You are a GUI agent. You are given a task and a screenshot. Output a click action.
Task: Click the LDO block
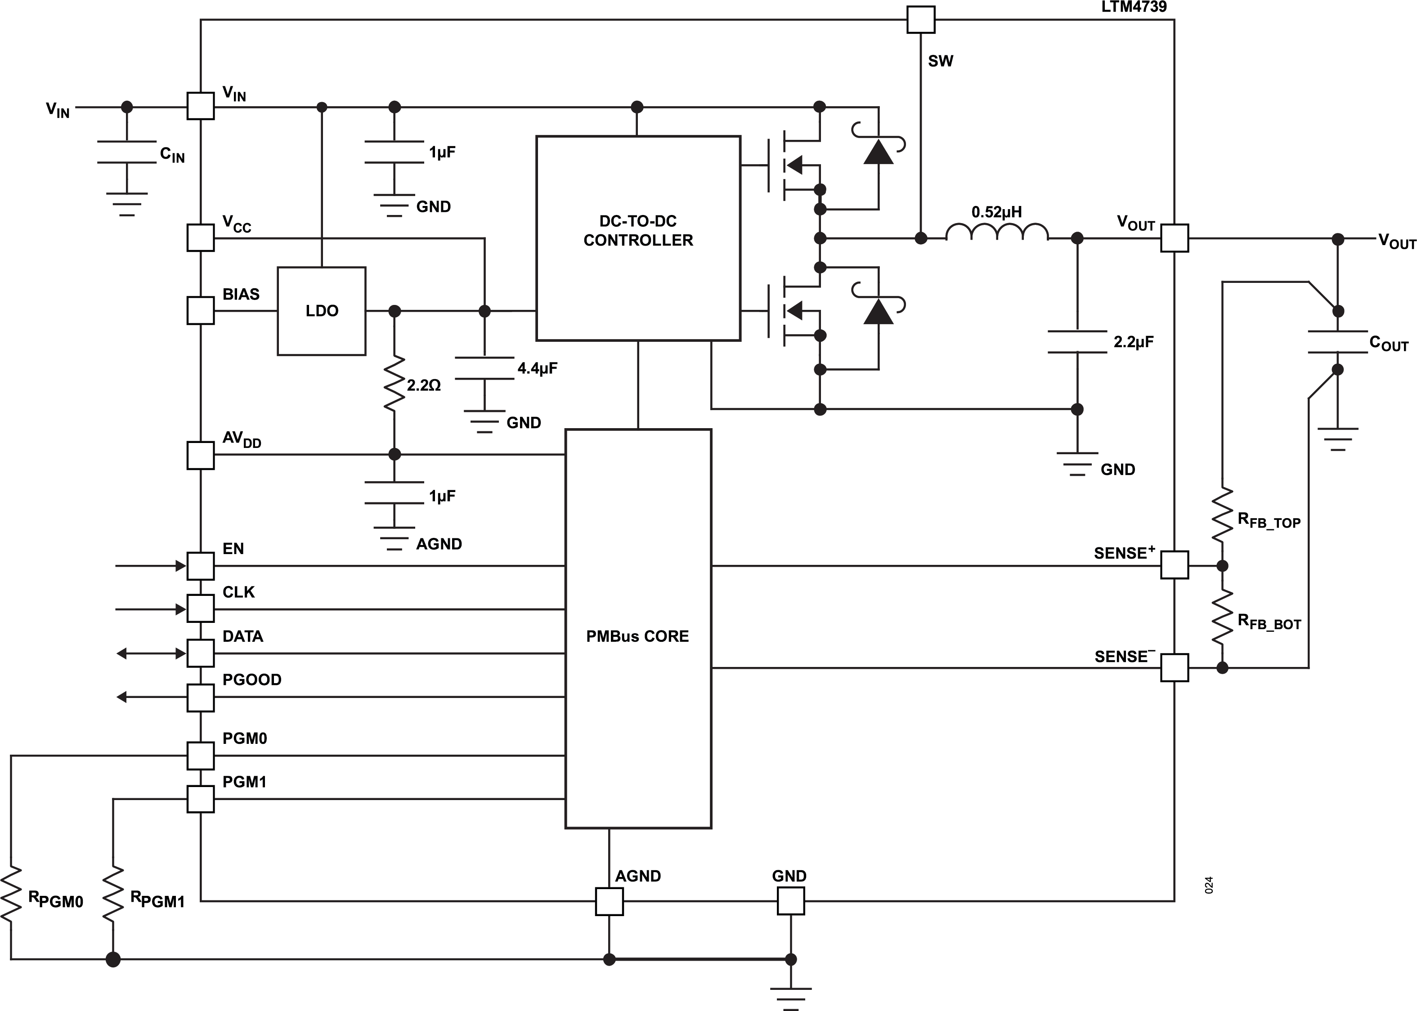tap(321, 311)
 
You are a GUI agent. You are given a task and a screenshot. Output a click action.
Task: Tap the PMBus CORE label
tap(637, 636)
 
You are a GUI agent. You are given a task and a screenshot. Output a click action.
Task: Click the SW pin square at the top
tap(920, 19)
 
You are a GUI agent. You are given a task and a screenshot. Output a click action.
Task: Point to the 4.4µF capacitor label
tap(537, 368)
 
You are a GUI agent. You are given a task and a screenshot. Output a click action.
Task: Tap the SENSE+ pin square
tap(1174, 565)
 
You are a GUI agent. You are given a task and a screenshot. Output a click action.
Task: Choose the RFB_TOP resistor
tap(1222, 514)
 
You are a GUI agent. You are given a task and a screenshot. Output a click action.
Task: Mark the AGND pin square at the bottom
tap(609, 901)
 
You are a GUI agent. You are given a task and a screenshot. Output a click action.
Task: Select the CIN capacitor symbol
tap(127, 152)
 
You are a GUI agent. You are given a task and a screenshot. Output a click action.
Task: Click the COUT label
tap(1388, 343)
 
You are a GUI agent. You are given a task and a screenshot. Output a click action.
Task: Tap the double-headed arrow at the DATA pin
tap(151, 653)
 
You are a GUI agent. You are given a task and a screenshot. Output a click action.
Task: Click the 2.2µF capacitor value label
tap(1133, 342)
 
